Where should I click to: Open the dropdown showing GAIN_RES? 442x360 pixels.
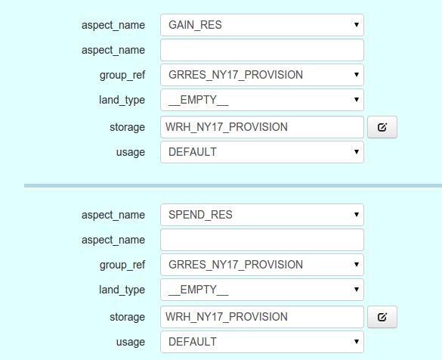coord(262,25)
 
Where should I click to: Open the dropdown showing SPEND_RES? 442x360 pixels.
coord(262,215)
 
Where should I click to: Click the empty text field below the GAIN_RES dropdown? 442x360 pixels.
coord(262,50)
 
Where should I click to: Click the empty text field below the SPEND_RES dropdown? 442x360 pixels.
coord(262,240)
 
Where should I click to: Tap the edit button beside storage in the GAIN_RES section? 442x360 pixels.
coord(382,127)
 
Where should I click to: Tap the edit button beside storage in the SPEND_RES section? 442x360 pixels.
coord(382,317)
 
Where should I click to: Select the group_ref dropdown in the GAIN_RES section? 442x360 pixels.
coord(262,75)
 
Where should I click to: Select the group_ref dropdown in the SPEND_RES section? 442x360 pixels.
coord(262,265)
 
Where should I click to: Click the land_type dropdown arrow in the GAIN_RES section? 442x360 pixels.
coord(357,100)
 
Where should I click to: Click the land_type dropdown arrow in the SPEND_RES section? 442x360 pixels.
coord(357,290)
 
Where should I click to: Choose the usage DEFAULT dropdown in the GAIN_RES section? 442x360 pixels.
coord(262,152)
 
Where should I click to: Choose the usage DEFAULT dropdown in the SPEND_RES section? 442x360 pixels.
coord(262,342)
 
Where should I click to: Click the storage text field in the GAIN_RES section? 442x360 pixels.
coord(262,127)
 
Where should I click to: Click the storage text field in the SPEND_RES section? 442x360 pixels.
coord(262,317)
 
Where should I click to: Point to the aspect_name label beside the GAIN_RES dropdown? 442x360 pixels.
coord(113,26)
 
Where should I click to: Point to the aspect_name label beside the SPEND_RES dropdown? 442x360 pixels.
coord(113,216)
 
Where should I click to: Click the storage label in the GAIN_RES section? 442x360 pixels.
coord(127,127)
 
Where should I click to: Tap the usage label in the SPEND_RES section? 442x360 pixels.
coord(131,342)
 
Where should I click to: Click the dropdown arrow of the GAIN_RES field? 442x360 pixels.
coord(357,25)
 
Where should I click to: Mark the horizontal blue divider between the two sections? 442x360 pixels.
coord(233,185)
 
